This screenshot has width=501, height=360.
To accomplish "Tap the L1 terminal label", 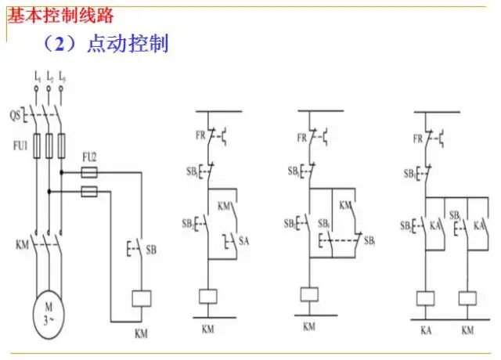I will pos(36,77).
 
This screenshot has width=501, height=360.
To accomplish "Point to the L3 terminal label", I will pos(61,77).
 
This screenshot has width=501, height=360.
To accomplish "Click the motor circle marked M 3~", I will pos(48,313).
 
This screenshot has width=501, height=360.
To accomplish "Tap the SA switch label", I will pos(243,239).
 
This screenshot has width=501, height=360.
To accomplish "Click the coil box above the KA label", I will pos(426,297).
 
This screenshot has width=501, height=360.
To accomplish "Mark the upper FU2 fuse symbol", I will pos(89,171).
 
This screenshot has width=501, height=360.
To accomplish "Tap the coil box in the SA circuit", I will pos(208,296).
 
